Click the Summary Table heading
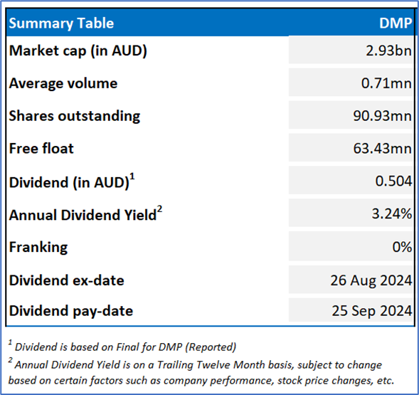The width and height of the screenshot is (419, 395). pos(61,23)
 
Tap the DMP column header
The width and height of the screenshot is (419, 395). pos(396,23)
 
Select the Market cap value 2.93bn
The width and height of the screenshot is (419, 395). pos(389,51)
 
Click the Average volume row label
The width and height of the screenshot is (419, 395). pos(63,83)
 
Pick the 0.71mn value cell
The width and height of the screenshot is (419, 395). pos(386,83)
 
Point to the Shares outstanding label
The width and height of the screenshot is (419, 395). pos(75,116)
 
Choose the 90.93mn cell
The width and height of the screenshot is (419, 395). pos(383,116)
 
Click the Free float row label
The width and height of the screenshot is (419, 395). pos(41,149)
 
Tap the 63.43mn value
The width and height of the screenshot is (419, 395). pos(383,149)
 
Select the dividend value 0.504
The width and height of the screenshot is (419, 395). pos(393,181)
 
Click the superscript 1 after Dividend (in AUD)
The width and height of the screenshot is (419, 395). pos(132,177)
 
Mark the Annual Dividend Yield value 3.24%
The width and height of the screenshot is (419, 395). pos(392,214)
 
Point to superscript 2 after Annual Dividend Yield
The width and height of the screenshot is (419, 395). pos(159,209)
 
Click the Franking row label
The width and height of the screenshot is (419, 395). pos(38,248)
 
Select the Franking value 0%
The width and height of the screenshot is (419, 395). pos(402,247)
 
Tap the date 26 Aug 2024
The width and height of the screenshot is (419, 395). pos(371,280)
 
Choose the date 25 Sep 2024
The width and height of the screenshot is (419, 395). pos(372,311)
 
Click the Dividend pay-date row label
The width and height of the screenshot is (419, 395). pos(71,311)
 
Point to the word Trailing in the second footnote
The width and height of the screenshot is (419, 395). pos(175,365)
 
